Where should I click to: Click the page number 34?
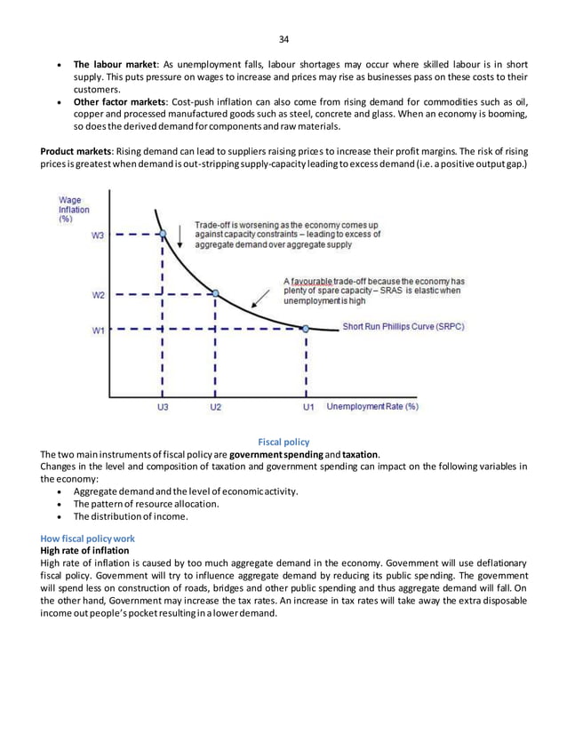point(283,39)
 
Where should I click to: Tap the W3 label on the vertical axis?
point(98,235)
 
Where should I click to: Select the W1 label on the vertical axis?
point(98,331)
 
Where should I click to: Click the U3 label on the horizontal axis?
point(161,407)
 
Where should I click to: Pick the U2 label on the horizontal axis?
point(215,407)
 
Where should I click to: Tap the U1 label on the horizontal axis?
point(307,407)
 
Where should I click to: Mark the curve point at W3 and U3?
point(162,235)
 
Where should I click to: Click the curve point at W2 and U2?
point(215,292)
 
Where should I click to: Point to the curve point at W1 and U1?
point(307,328)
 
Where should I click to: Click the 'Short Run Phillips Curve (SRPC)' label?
point(403,326)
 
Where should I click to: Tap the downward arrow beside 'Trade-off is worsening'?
point(181,229)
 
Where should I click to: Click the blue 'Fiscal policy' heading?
point(283,441)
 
